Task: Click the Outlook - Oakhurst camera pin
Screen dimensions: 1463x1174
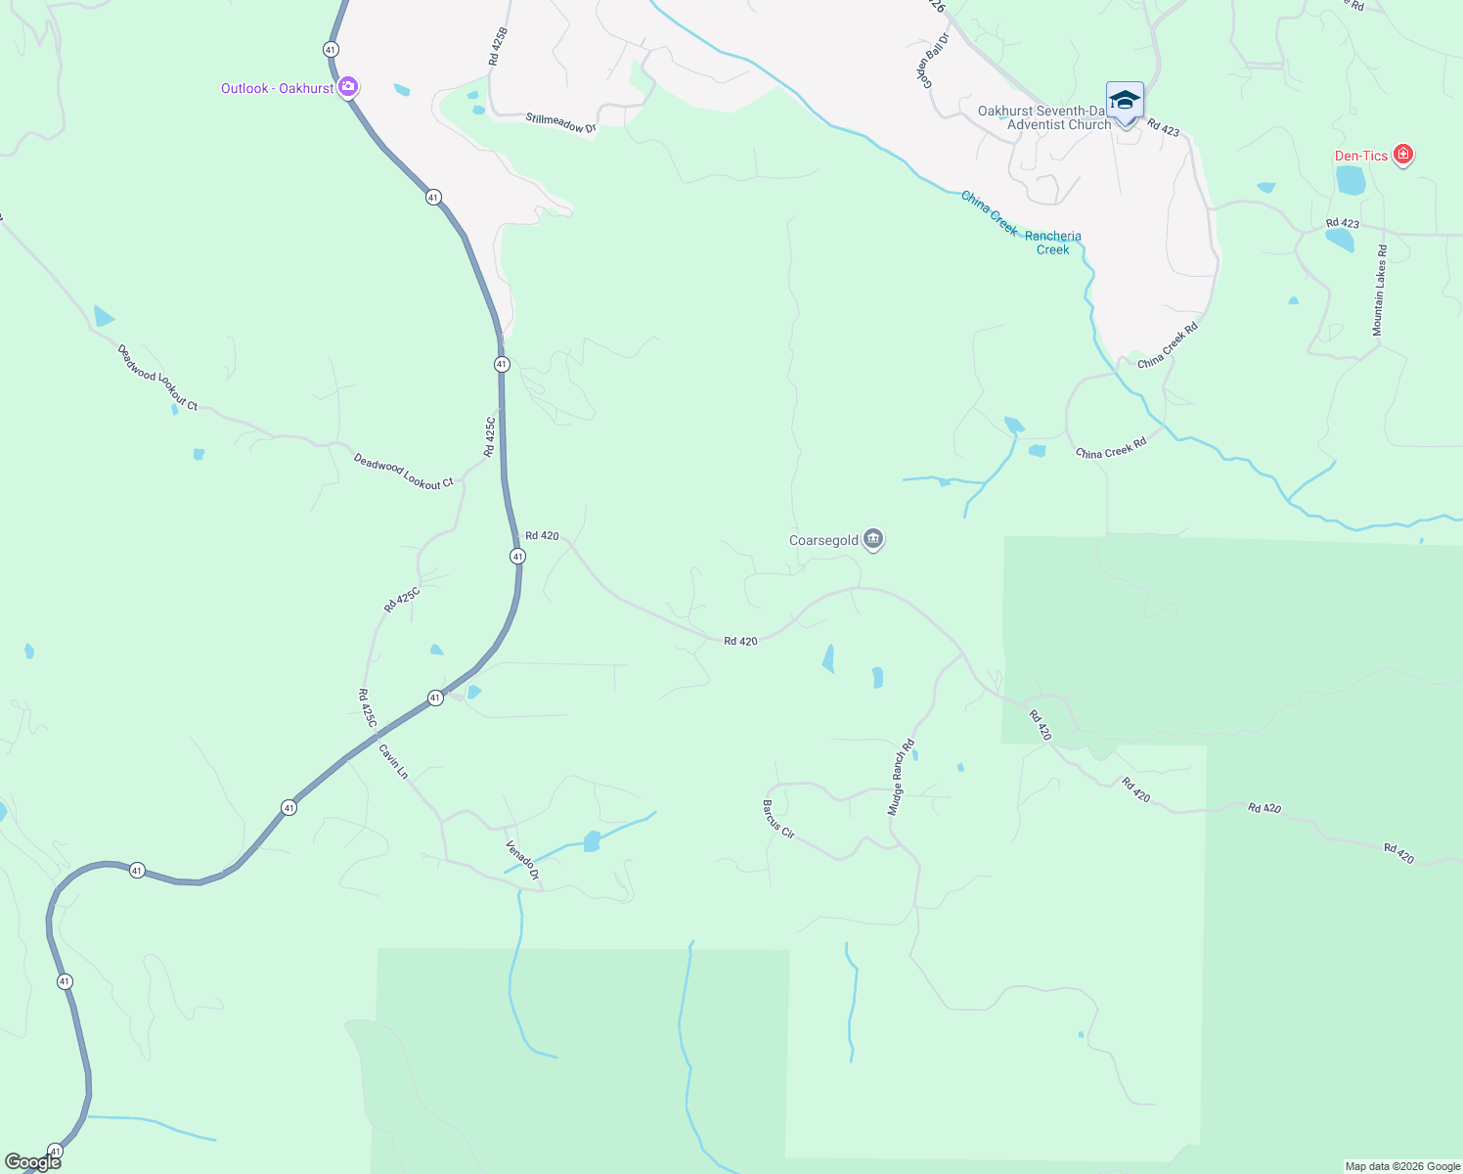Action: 347,88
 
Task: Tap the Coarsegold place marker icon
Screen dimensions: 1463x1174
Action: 873,540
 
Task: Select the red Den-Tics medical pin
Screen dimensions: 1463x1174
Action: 1403,156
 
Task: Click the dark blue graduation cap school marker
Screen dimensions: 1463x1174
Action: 1125,101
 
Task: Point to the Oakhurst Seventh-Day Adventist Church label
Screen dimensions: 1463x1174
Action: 1044,118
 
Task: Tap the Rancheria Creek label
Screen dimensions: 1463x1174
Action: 1053,243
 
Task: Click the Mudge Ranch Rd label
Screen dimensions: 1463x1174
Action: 901,778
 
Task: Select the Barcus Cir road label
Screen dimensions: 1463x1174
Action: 778,820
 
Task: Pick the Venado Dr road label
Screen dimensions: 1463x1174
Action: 522,860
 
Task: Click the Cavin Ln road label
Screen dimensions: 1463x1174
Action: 393,761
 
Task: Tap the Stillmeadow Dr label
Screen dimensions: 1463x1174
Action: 560,123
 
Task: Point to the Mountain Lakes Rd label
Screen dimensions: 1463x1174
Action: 1379,291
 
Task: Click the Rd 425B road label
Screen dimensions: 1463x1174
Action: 496,45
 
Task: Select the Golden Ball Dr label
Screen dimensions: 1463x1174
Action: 935,61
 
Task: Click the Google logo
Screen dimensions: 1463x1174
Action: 33,1162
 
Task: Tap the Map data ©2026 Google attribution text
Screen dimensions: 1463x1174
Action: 1402,1166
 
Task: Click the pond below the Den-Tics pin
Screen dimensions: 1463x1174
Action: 1351,180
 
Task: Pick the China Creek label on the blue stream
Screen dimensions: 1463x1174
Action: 989,212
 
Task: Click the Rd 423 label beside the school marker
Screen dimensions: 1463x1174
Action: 1164,127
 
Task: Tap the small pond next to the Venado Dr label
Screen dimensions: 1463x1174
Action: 591,841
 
